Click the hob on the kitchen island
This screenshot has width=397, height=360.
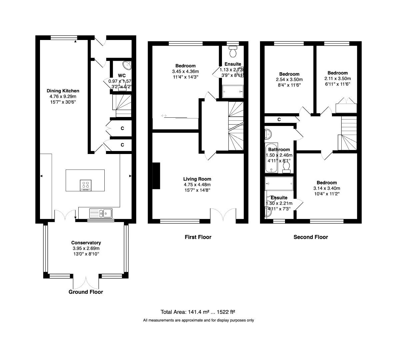[x=86, y=185]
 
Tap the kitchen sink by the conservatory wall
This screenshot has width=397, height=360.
[x=101, y=213]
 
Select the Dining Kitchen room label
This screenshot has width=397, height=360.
[x=63, y=91]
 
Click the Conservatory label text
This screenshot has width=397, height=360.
[x=86, y=243]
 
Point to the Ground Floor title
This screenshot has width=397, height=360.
[x=86, y=292]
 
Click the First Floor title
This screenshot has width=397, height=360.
[x=198, y=237]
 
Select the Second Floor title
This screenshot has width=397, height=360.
[x=311, y=237]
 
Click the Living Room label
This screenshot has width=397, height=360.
[x=197, y=179]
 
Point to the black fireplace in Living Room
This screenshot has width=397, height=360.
[x=156, y=176]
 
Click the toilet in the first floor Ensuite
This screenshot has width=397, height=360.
[x=233, y=52]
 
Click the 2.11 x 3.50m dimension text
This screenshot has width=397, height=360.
[x=337, y=78]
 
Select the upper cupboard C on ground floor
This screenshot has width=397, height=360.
[x=122, y=128]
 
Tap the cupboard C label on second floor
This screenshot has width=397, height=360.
[x=279, y=119]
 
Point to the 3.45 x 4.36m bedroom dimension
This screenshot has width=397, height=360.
[x=185, y=71]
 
